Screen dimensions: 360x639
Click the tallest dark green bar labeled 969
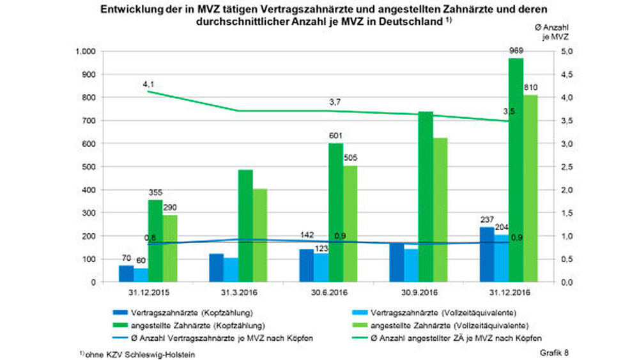coord(516,169)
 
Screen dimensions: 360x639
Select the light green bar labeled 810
coord(530,189)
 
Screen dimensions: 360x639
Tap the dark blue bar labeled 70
coord(126,274)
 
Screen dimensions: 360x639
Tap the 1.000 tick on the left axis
coord(84,51)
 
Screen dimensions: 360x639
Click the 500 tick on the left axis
coord(89,167)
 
